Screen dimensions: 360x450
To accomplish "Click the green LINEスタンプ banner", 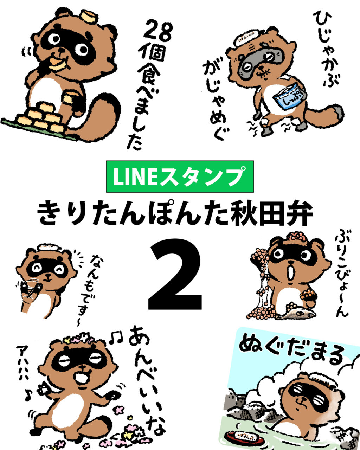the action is pyautogui.click(x=180, y=176).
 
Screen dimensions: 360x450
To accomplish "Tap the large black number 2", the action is pyautogui.click(x=175, y=274).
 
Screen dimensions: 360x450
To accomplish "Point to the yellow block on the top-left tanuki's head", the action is pyautogui.click(x=90, y=16).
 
